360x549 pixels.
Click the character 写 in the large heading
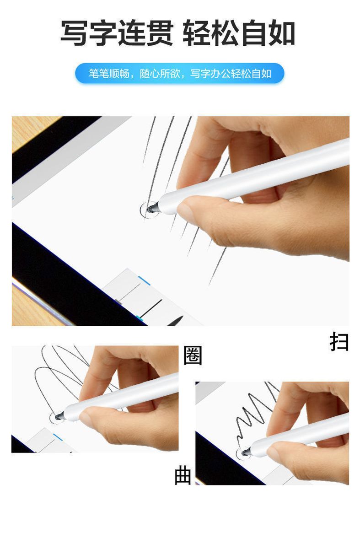[x=74, y=33]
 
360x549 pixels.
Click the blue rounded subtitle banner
[x=180, y=73]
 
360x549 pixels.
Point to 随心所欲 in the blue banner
[x=160, y=73]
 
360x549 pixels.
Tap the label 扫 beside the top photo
[x=339, y=341]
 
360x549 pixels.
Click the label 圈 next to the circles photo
[x=193, y=355]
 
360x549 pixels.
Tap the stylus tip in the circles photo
[x=58, y=416]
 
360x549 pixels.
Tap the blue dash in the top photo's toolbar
[x=144, y=280]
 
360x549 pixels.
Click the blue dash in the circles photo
[x=58, y=437]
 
